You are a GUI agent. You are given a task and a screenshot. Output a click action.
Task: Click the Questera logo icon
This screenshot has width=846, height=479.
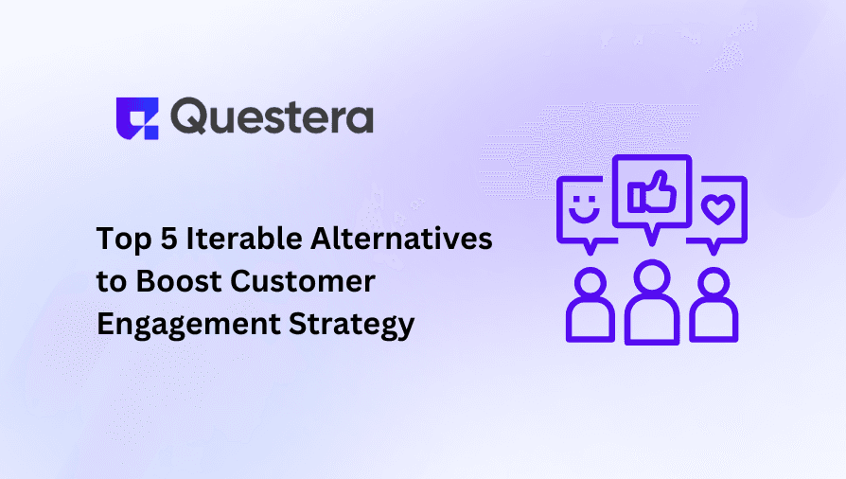point(134,117)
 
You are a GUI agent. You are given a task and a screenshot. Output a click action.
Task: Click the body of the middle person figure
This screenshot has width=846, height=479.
point(652,322)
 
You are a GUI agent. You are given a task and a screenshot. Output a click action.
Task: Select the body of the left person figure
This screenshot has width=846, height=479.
point(590,325)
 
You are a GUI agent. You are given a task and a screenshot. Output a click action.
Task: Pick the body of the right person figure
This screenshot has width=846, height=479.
point(714,325)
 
